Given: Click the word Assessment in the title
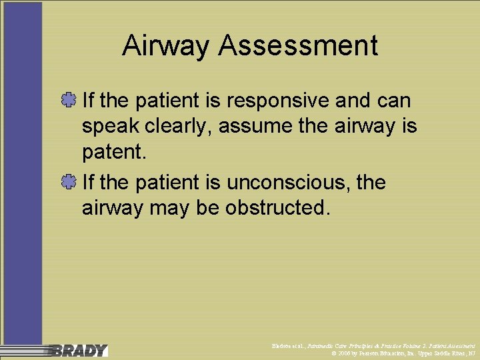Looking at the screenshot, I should tap(298, 46).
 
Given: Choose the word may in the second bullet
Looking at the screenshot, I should tap(170, 208).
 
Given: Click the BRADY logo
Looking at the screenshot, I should tap(78, 350).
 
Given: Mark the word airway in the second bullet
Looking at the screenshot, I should tap(112, 208).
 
